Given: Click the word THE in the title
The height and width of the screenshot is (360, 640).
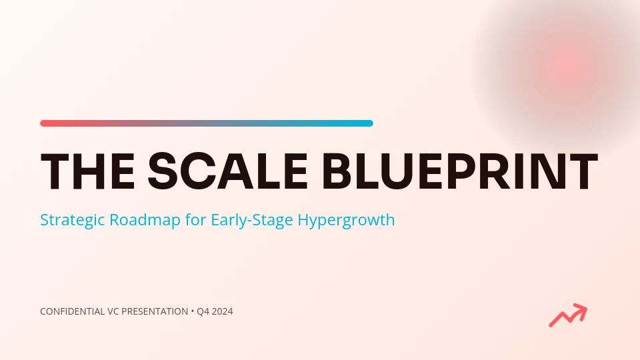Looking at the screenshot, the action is pos(88,171).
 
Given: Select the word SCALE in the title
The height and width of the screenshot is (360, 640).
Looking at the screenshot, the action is pos(227,171).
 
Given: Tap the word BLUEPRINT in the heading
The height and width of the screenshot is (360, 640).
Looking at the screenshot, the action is pos(460,171).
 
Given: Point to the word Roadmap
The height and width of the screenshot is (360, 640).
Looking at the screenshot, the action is pos(145,219).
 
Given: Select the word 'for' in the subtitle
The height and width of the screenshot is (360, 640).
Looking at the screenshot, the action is pos(195,219).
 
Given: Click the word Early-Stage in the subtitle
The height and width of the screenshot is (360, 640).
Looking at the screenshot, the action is pos(252,220).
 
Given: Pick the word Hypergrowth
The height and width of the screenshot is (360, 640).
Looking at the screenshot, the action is pos(346,220).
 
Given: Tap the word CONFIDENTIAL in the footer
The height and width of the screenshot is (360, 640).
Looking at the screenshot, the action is pos(72,311).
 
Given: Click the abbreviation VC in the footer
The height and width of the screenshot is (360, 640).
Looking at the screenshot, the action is pos(113,311).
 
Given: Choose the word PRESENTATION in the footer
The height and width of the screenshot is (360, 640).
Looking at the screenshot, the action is pos(155,311).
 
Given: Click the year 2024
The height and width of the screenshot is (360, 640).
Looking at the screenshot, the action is pos(223,311).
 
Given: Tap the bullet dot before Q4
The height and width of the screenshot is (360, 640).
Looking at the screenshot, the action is pos(192,311).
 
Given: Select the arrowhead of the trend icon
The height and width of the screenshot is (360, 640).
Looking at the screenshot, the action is pos(581,310).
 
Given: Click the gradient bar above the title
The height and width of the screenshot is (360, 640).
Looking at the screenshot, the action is pos(207,123).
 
